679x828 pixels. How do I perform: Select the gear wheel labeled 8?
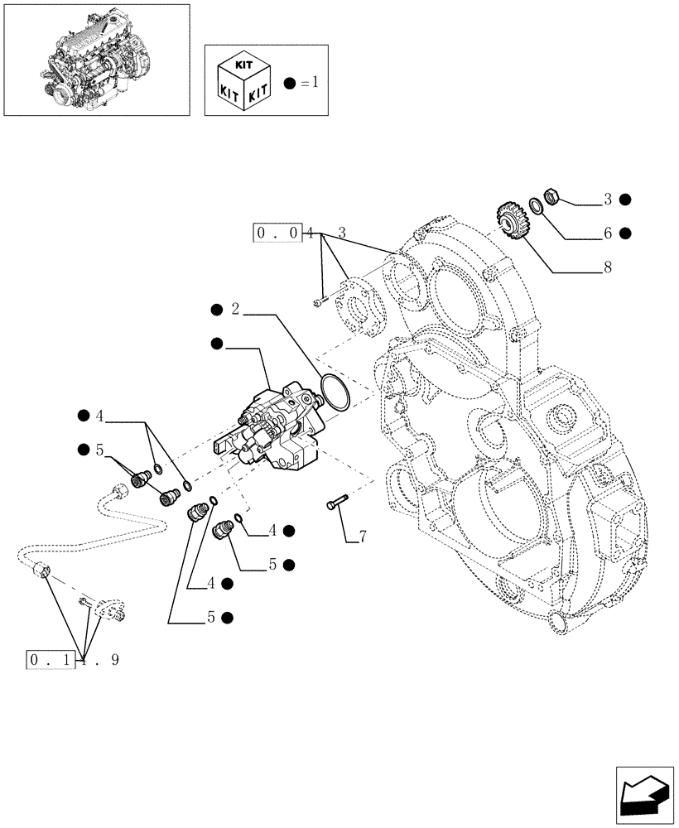513,222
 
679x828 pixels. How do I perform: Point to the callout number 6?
607,234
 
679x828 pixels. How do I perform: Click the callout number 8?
607,269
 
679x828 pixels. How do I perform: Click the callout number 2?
235,310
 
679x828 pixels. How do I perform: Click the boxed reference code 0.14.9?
75,660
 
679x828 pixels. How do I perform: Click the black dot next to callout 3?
626,199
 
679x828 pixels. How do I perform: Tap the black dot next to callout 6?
626,234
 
